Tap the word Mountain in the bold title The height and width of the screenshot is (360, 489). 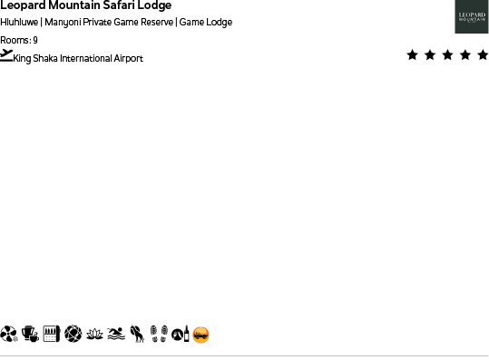[x=74, y=5]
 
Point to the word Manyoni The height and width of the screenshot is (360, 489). [x=63, y=22]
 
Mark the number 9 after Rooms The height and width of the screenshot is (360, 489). [x=35, y=40]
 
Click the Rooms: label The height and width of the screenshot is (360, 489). [x=15, y=40]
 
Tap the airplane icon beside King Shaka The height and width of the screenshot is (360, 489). [x=7, y=55]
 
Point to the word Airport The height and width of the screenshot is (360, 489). [x=129, y=59]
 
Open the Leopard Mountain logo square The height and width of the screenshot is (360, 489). [x=472, y=16]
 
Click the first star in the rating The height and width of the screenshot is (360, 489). [x=413, y=55]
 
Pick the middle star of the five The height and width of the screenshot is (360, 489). [x=447, y=55]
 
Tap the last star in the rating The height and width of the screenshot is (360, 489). [x=482, y=55]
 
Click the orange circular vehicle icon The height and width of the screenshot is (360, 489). [x=201, y=335]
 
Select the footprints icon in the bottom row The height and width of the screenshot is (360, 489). [x=159, y=335]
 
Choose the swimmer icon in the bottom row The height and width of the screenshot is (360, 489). [x=115, y=335]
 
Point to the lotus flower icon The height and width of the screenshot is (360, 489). [x=94, y=335]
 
